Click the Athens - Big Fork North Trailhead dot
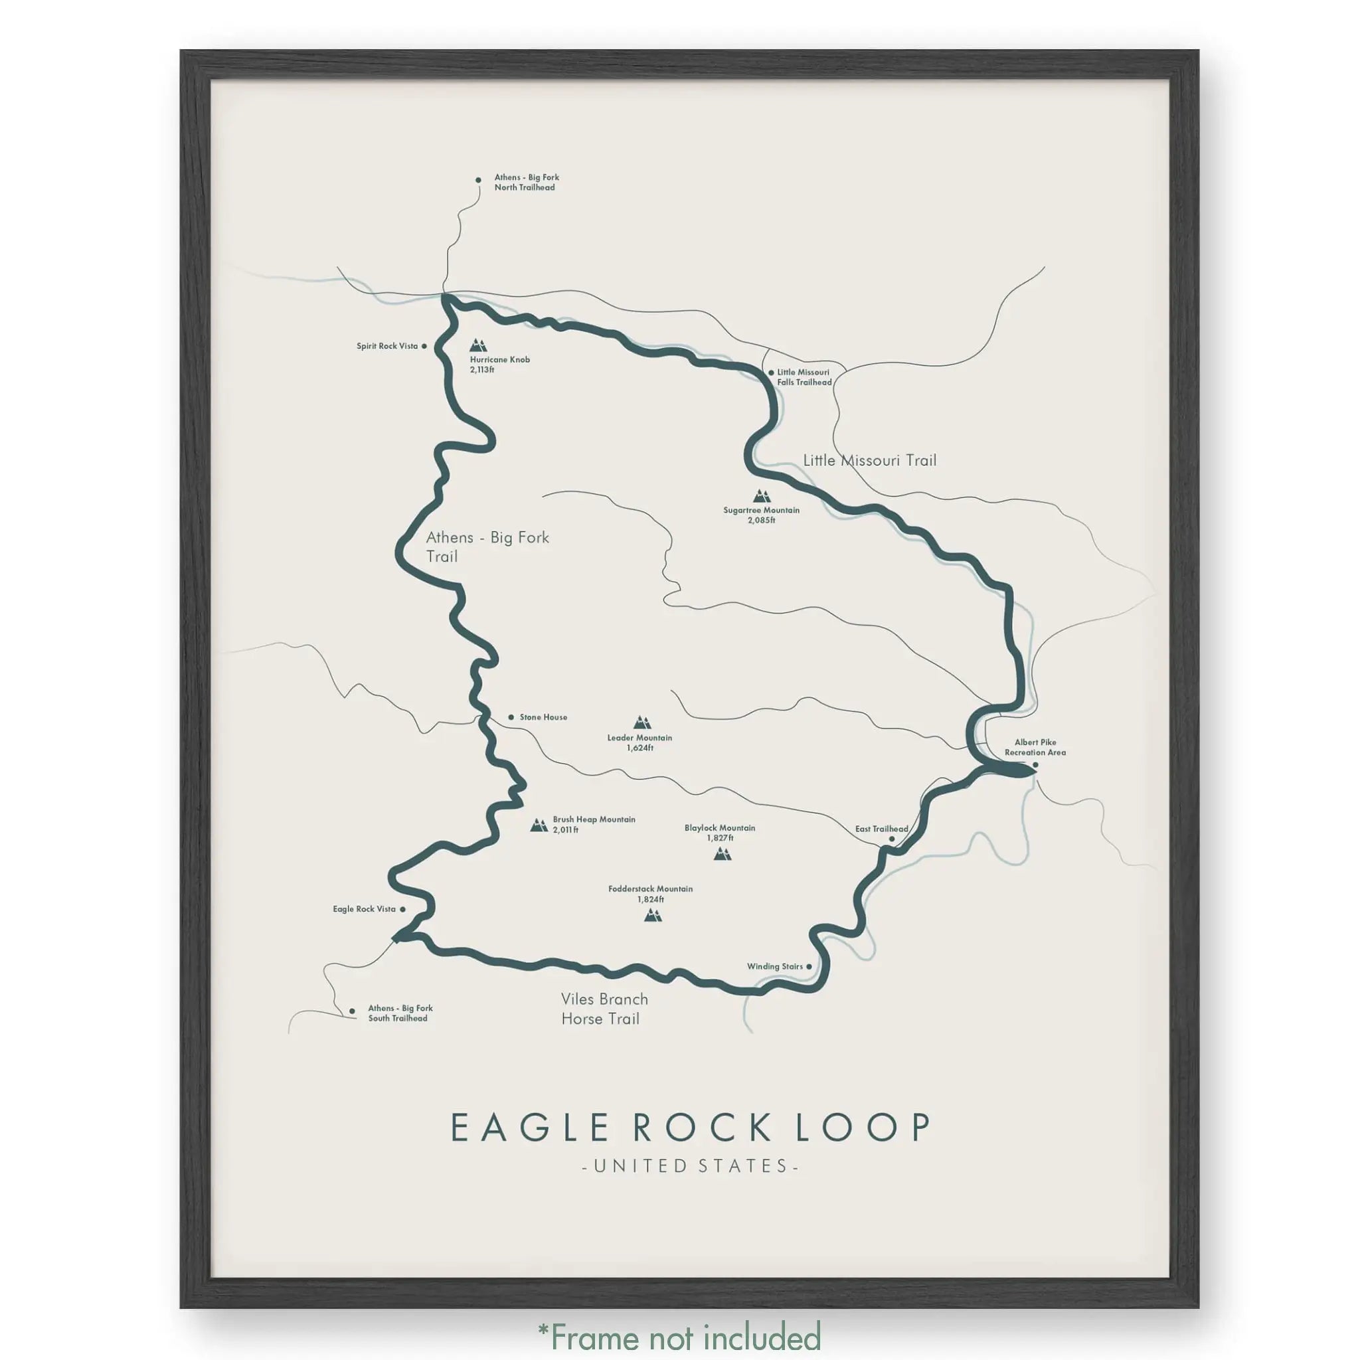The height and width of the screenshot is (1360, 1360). click(478, 180)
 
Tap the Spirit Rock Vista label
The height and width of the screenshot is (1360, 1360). click(386, 347)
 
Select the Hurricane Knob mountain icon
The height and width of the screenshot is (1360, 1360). click(479, 345)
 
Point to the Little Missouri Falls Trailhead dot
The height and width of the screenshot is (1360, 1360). click(771, 373)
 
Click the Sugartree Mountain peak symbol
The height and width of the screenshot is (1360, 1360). click(761, 495)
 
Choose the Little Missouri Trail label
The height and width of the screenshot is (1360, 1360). click(869, 460)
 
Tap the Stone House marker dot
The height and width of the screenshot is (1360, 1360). click(511, 717)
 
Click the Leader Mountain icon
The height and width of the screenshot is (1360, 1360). click(641, 722)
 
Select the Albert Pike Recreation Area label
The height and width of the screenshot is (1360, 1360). click(1035, 747)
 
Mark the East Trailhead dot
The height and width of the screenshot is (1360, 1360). click(891, 839)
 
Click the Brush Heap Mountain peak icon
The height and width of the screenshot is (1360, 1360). click(539, 825)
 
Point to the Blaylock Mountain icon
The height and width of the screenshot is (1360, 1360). click(722, 854)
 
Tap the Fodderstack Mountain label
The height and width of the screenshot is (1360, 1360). click(650, 893)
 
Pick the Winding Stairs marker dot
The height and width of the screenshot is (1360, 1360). click(809, 966)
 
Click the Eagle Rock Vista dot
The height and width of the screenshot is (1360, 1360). click(402, 910)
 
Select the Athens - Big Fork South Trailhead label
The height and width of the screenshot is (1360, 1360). click(400, 1013)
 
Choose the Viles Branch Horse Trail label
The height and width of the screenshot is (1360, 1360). click(604, 1009)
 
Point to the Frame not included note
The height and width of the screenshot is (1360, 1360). click(679, 1336)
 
